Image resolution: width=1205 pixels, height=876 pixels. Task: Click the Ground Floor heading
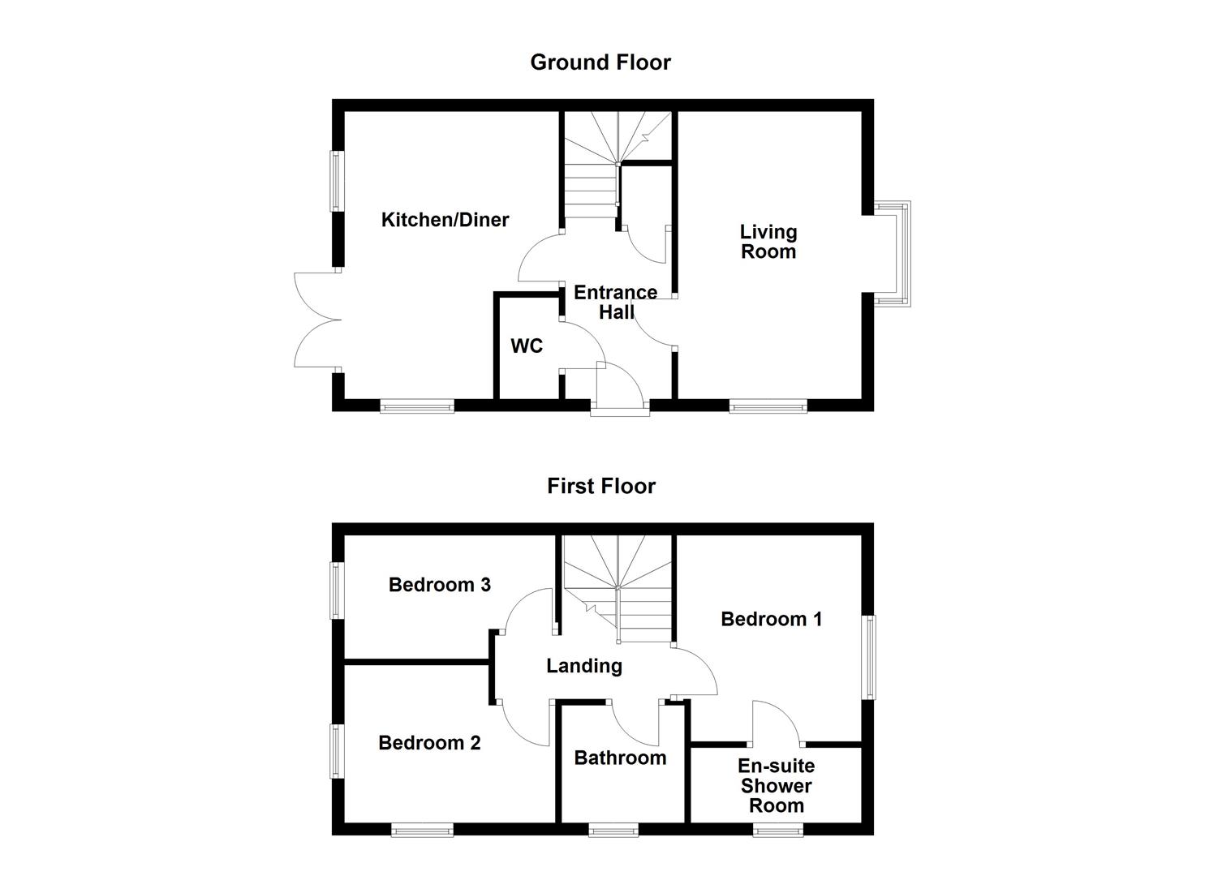[x=600, y=62]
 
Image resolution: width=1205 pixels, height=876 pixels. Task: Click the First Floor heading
[x=600, y=486]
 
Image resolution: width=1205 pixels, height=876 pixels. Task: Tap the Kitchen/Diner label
[x=445, y=220]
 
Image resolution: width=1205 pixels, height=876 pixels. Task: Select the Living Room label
[x=768, y=242]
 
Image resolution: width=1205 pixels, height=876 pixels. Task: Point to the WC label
[x=526, y=346]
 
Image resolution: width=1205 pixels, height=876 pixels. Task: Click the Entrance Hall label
[x=615, y=302]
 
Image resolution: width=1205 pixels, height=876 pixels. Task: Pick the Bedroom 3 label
[x=439, y=585]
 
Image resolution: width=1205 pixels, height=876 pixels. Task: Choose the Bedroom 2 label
[x=429, y=743]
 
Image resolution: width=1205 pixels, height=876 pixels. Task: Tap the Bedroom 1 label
[x=771, y=620]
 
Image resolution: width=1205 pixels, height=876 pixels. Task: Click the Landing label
[x=583, y=666]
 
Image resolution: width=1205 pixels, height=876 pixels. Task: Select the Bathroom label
[x=620, y=758]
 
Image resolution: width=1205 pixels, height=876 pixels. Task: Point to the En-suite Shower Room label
[x=776, y=785]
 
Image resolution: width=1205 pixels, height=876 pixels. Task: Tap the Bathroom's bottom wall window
[x=613, y=830]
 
